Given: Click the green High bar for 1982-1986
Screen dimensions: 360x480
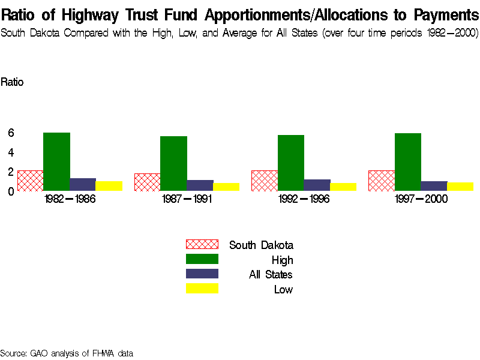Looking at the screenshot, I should click(x=56, y=161).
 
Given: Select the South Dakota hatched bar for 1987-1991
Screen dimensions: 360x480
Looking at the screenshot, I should click(x=147, y=182).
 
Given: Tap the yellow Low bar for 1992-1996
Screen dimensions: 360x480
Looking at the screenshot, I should click(x=343, y=187).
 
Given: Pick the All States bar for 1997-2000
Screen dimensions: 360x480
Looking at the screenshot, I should click(x=434, y=186).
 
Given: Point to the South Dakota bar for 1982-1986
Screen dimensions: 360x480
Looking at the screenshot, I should click(x=30, y=181).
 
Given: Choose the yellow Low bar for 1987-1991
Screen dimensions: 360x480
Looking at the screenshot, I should click(x=226, y=187).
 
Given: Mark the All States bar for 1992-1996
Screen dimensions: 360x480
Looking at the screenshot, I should click(x=317, y=185).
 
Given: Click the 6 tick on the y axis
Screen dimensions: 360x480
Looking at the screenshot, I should click(x=10, y=133).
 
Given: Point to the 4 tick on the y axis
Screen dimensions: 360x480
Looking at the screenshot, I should click(x=10, y=152).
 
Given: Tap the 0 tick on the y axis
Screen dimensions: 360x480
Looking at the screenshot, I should click(x=10, y=191).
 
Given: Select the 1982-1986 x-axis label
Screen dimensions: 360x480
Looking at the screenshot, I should click(x=70, y=199).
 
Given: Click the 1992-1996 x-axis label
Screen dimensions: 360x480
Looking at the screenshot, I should click(x=304, y=199).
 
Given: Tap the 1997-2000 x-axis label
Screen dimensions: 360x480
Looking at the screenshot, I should click(x=421, y=199).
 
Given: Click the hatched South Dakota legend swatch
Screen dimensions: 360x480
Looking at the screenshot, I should click(x=202, y=244).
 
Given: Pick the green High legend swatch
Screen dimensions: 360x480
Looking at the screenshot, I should click(x=202, y=259).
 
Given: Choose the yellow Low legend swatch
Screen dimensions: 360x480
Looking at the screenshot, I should click(x=202, y=289).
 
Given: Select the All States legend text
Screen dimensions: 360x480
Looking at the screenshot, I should click(x=271, y=275).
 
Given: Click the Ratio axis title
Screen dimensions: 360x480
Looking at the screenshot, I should click(x=12, y=82).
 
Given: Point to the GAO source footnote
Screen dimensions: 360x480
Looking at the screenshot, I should click(x=66, y=353).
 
